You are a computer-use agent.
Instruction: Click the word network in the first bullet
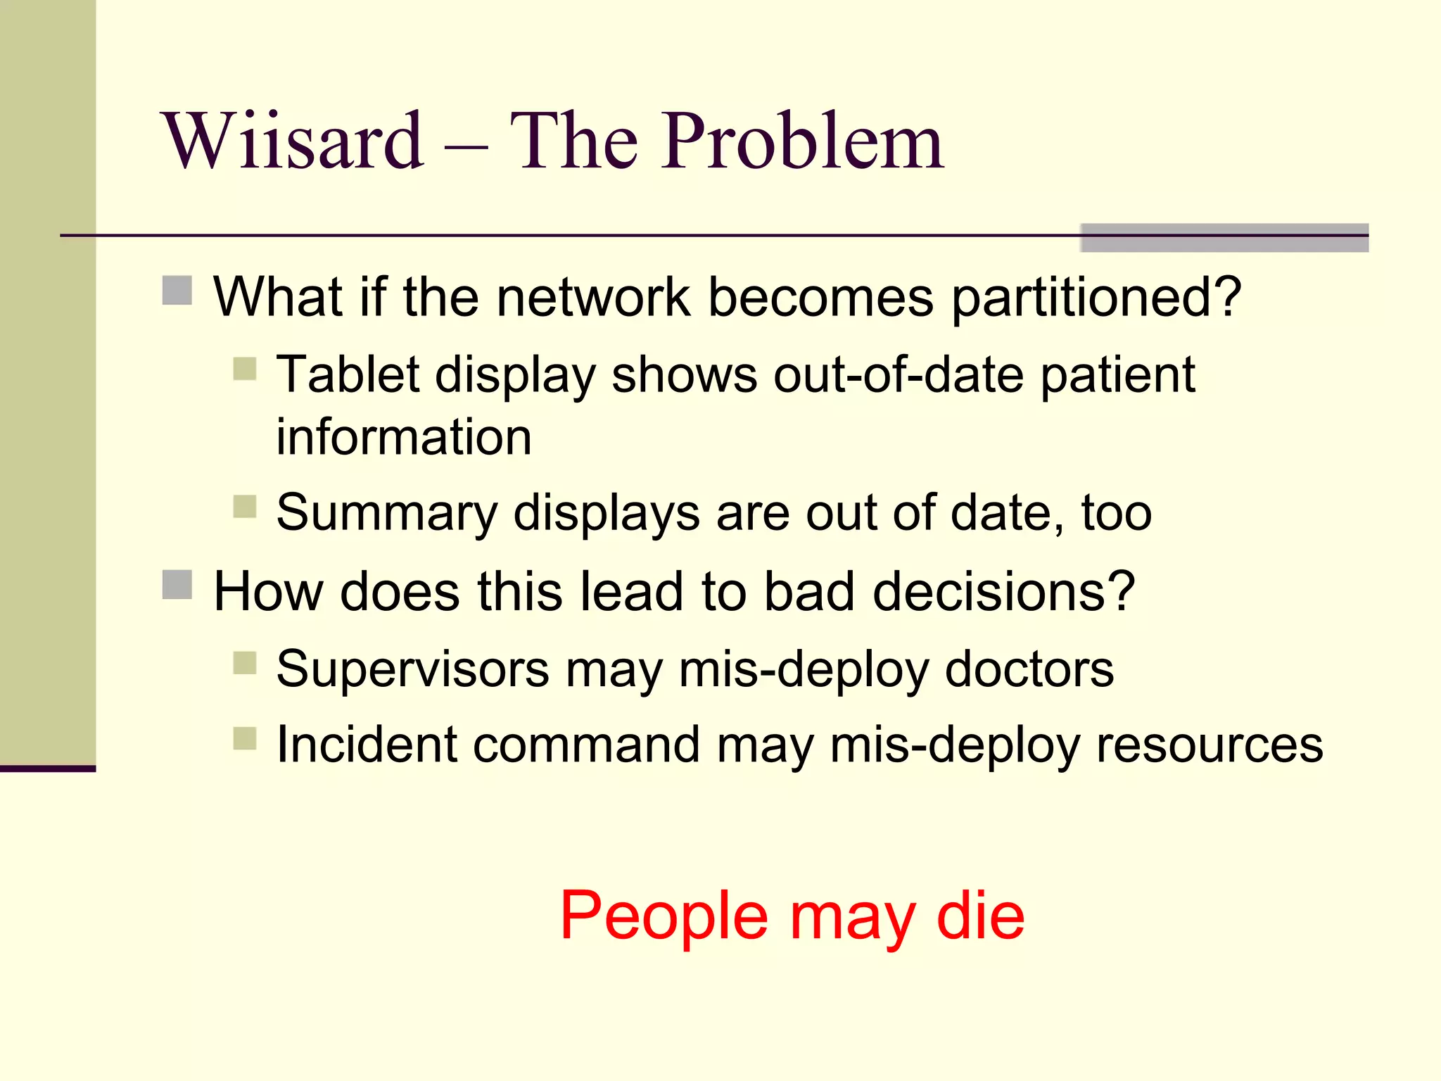coord(593,297)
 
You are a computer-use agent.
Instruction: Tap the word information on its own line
coord(404,437)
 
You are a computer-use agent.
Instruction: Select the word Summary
coord(387,514)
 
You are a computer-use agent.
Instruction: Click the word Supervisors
coord(412,669)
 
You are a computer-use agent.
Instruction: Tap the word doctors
coord(1029,669)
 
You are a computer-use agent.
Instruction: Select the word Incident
coord(366,745)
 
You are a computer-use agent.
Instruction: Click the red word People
coord(664,916)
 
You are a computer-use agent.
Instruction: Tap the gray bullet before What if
coord(177,291)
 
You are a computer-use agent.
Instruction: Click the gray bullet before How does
coord(177,585)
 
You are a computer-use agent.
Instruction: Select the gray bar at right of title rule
coord(1224,238)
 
